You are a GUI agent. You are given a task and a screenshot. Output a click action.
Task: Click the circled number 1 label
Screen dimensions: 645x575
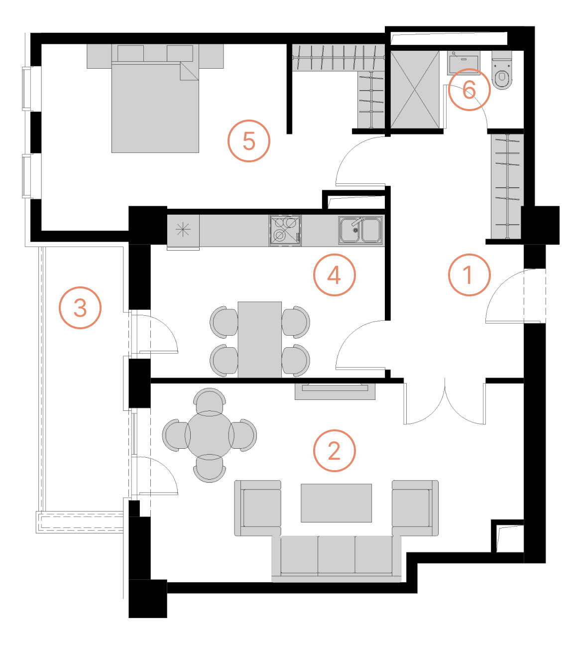(469, 275)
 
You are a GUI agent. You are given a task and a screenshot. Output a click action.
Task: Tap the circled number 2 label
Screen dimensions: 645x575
(334, 451)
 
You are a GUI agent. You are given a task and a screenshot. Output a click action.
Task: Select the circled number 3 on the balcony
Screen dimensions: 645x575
(80, 307)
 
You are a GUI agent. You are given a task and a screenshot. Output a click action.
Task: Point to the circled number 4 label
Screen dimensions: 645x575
(334, 275)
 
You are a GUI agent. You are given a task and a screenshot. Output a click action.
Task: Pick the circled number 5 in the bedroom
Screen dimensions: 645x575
(249, 141)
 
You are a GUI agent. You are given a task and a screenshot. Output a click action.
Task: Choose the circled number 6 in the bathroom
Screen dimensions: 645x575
(469, 90)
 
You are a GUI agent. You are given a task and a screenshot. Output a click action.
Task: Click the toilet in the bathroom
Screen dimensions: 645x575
(502, 73)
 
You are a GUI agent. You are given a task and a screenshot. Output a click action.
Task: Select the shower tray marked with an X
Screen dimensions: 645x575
(415, 89)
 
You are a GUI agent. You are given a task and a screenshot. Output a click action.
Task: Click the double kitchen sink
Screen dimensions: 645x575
(361, 230)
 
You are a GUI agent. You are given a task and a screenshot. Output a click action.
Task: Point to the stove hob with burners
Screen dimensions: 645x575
(285, 230)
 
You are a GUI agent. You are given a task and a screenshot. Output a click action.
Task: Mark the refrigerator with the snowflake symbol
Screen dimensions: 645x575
(183, 230)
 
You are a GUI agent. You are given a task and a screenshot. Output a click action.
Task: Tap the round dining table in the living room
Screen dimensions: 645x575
(210, 435)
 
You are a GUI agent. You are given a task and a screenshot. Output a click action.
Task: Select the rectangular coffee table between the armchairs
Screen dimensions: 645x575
(336, 503)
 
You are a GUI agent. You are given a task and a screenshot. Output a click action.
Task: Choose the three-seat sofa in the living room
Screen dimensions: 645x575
(337, 557)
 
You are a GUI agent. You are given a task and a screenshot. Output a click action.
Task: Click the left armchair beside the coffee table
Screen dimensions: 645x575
(258, 508)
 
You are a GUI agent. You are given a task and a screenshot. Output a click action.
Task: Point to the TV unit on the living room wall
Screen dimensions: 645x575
(335, 391)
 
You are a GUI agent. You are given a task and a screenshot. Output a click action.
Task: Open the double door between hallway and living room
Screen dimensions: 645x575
(445, 402)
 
